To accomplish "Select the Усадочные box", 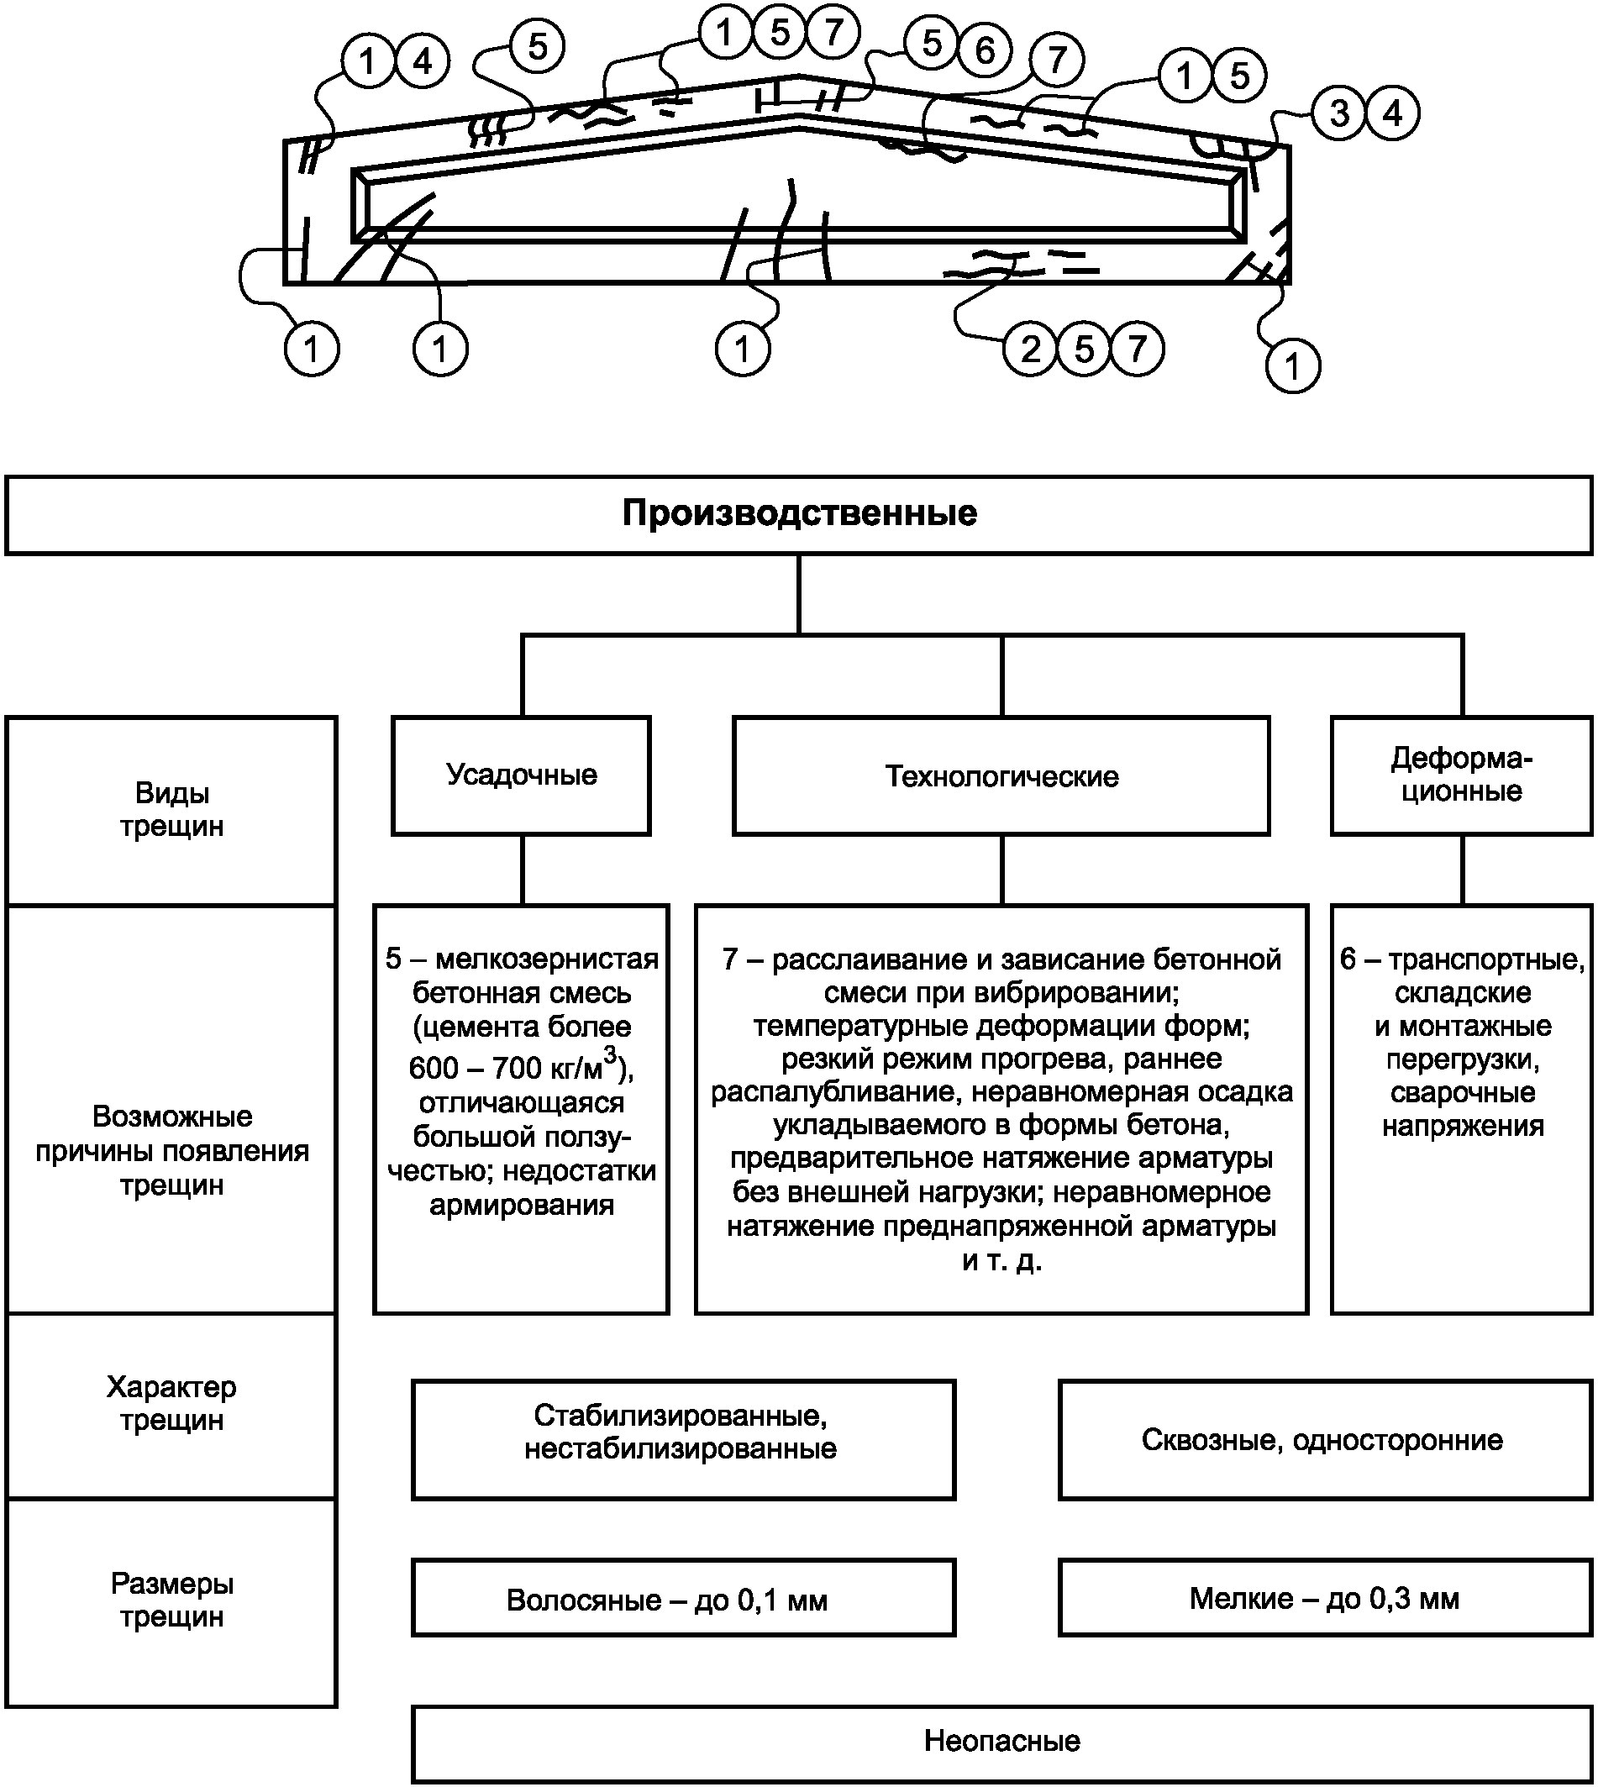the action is tap(522, 775).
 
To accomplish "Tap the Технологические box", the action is tap(1001, 775).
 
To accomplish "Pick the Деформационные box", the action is tap(1462, 775).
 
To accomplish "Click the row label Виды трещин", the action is tap(172, 810).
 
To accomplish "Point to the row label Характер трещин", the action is tap(172, 1403).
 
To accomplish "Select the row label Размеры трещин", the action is tap(172, 1600).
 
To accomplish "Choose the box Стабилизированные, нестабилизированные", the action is tap(684, 1440).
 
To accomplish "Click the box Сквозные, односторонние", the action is tap(1326, 1440).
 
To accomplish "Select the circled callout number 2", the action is tap(1031, 350).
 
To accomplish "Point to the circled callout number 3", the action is tap(1340, 113).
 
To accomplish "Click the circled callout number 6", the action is tap(986, 50).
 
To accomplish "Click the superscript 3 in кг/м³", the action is tap(610, 1054).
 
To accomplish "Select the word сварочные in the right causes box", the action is tap(1463, 1093).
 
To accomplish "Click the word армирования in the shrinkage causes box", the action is tap(522, 1206).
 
